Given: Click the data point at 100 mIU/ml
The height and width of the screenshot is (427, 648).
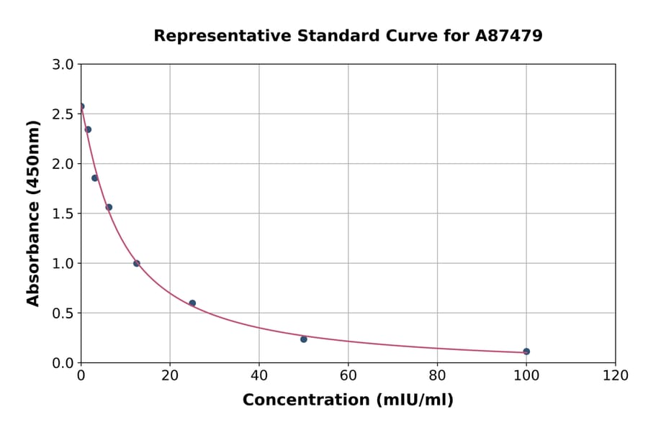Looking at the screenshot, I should (x=526, y=352).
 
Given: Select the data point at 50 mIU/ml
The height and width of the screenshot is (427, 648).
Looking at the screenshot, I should (x=304, y=339).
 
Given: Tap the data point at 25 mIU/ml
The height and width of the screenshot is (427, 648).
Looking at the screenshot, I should (x=192, y=303).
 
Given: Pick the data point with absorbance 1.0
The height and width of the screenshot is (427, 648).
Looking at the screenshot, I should (x=137, y=263).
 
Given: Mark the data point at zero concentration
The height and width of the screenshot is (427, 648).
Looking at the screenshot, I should (x=81, y=106).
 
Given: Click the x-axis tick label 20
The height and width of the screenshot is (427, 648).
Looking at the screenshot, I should (x=170, y=375).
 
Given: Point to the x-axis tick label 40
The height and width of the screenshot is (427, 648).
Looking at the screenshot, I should (x=259, y=375).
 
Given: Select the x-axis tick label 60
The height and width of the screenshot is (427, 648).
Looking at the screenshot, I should (x=348, y=375).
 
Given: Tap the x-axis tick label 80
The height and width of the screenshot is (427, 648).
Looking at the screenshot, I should (x=437, y=375).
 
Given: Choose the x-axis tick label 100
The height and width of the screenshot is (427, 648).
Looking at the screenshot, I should (x=526, y=375).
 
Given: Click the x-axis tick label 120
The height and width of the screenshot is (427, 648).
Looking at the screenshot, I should (x=616, y=375).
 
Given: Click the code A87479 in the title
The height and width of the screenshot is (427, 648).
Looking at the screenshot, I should (x=509, y=35).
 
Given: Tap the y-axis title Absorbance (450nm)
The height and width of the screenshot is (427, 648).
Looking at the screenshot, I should (x=33, y=213).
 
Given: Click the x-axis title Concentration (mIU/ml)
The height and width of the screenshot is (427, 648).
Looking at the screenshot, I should (x=348, y=400).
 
